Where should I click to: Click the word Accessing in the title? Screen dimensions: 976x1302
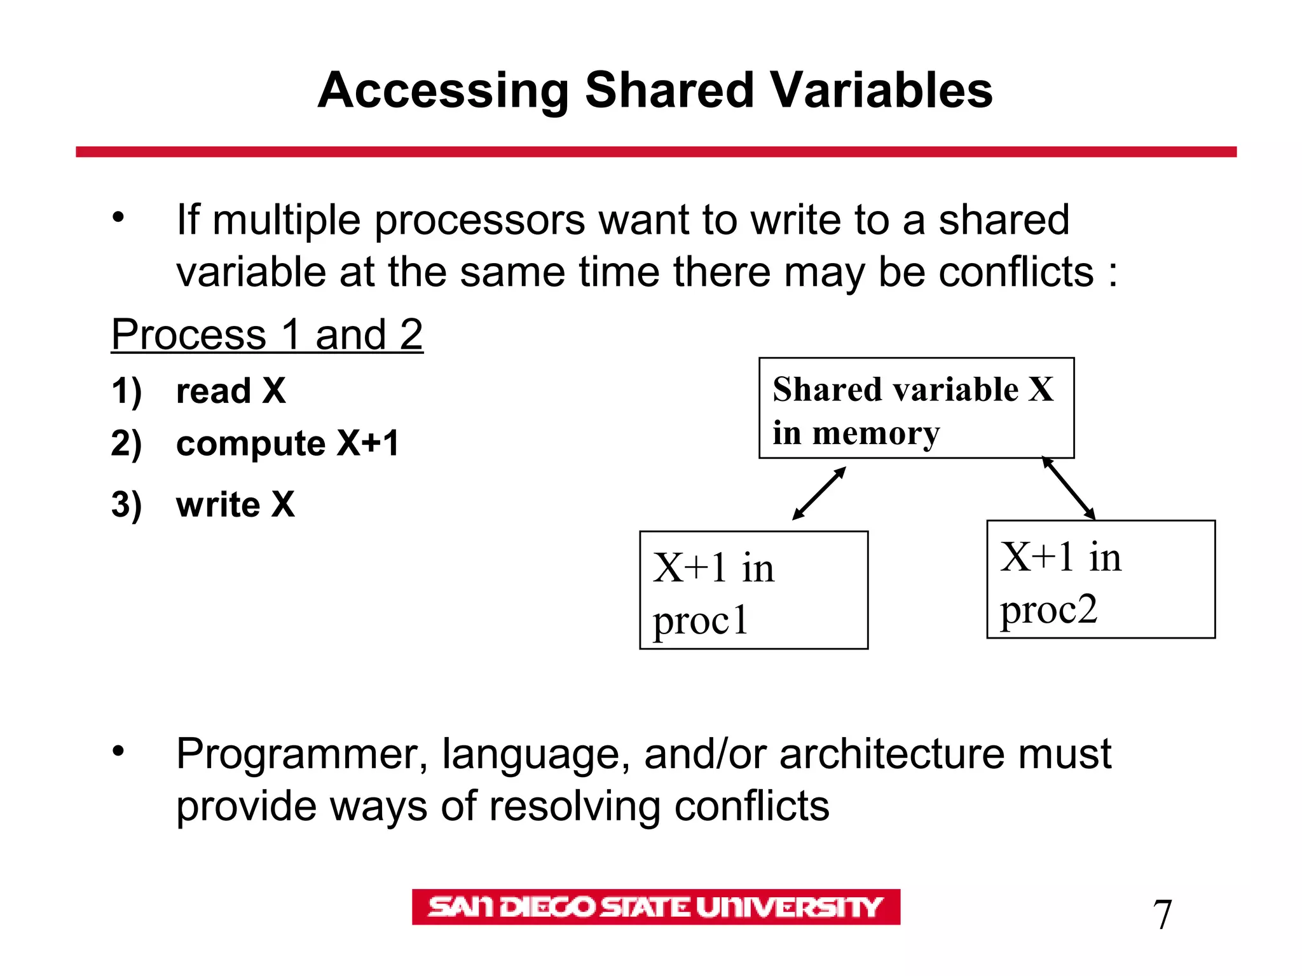(443, 90)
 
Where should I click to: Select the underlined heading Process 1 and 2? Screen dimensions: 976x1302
(267, 334)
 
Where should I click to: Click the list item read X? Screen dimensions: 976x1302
(230, 390)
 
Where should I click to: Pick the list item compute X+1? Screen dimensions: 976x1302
(287, 443)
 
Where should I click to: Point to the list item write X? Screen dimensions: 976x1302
(235, 505)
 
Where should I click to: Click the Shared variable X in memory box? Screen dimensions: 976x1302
(916, 408)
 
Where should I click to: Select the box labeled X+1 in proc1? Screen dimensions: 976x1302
(753, 590)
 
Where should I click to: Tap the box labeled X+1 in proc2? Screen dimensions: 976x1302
(1100, 579)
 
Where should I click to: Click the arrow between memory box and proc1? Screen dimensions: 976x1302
(819, 494)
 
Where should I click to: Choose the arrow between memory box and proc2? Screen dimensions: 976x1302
(1069, 489)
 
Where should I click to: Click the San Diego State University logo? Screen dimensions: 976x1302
(655, 907)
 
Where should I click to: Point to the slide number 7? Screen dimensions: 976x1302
(1162, 915)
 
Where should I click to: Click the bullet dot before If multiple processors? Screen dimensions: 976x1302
(118, 218)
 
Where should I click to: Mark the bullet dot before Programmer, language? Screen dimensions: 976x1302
(118, 752)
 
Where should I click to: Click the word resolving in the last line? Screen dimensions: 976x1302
(575, 806)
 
